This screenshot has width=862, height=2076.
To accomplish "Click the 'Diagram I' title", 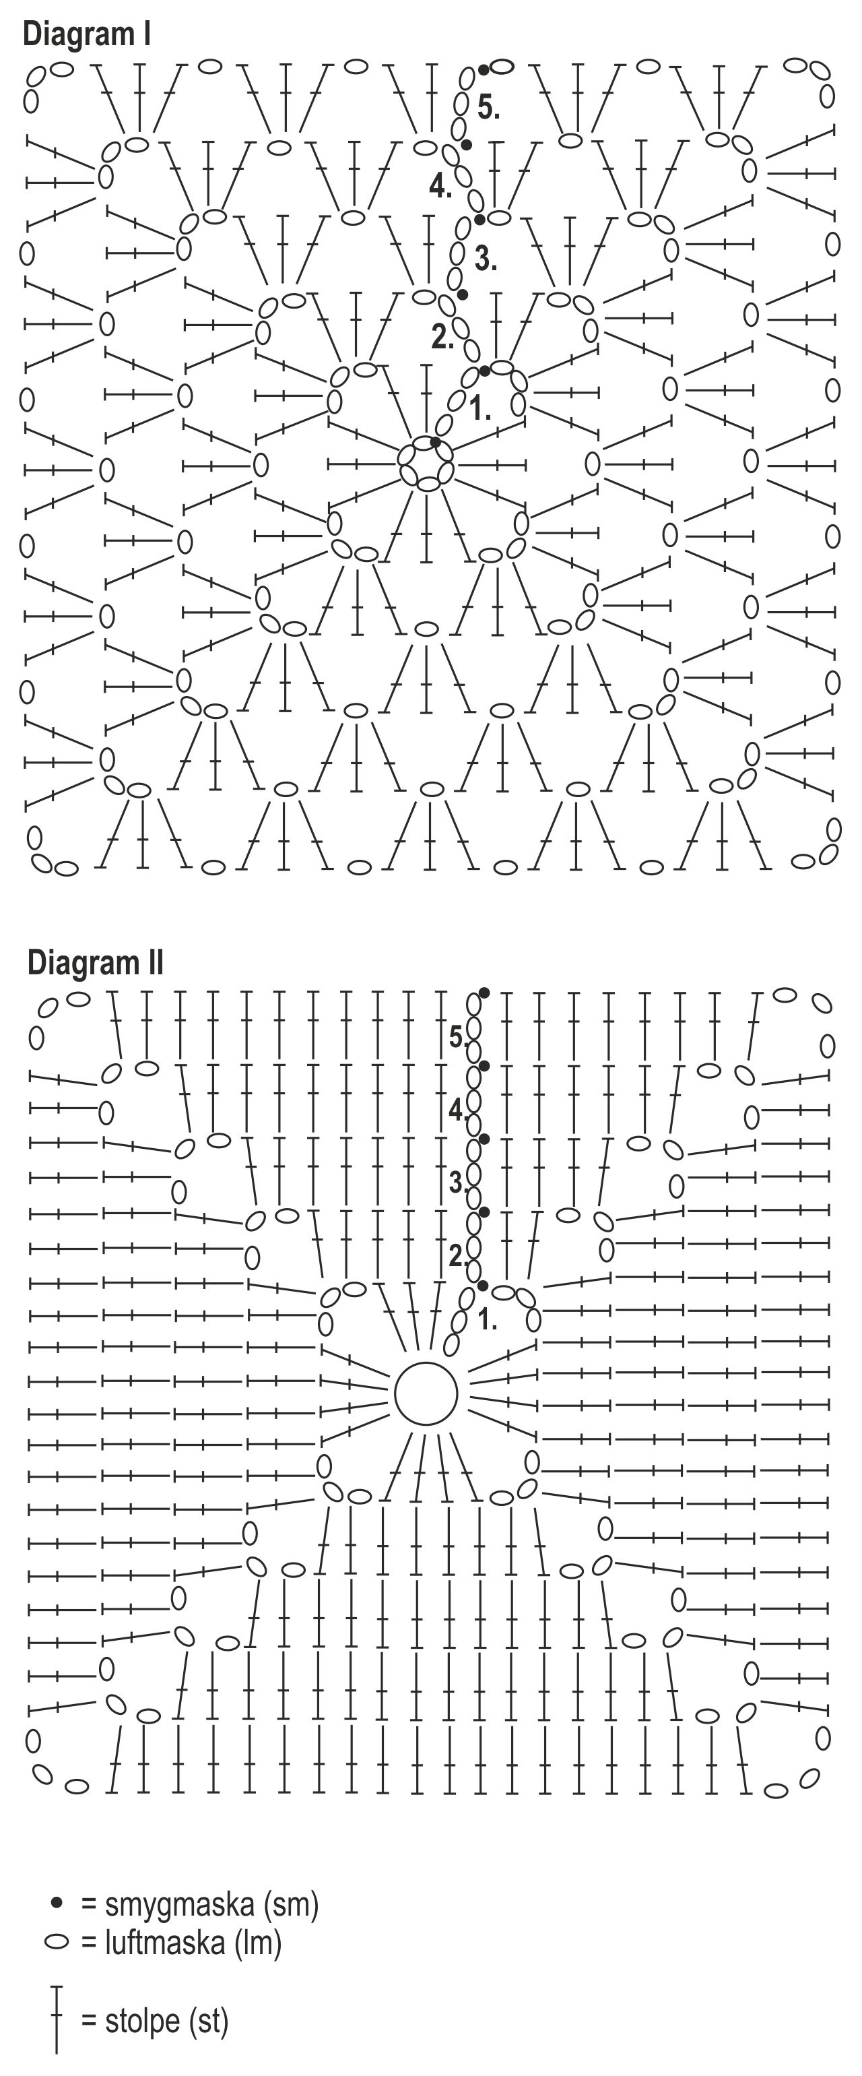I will pos(87,34).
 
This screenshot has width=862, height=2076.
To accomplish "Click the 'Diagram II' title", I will pos(95,962).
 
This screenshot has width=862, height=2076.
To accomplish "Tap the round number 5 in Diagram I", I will pos(488,107).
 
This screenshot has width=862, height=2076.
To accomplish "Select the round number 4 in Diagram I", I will pos(440,186).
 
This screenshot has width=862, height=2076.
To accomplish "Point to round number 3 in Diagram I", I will pos(485,259).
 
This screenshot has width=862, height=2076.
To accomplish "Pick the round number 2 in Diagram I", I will pos(442,336).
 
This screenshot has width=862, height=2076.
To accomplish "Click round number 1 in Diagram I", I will pos(480,408).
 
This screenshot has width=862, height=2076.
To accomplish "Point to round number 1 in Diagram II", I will pos(487,1319).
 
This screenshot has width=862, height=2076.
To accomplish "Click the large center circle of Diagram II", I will pos(426,1393).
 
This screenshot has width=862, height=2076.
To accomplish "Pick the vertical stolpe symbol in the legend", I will pos(57,2019).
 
